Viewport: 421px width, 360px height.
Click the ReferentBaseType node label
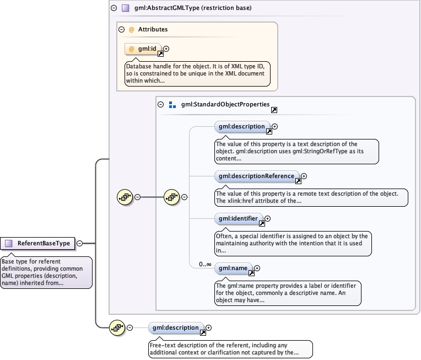click(x=44, y=243)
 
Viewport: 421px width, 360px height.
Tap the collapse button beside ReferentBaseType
click(x=80, y=243)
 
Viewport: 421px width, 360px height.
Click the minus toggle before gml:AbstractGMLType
click(x=114, y=8)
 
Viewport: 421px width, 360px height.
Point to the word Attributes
click(x=153, y=29)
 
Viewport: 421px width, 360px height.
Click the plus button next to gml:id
click(x=166, y=49)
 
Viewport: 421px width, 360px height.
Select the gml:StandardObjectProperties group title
click(x=225, y=104)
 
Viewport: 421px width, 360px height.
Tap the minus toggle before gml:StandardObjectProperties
click(x=160, y=104)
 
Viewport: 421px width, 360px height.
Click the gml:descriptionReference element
click(x=256, y=176)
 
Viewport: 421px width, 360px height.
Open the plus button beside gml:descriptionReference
click(x=304, y=176)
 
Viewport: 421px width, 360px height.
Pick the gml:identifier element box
click(x=238, y=219)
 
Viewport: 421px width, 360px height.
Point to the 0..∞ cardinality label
click(x=206, y=264)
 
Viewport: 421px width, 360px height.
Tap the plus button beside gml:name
click(x=257, y=268)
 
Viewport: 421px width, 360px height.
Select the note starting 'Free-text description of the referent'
click(x=230, y=348)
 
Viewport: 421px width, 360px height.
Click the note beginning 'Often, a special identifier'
click(x=292, y=243)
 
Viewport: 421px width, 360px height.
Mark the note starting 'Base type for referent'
click(x=46, y=272)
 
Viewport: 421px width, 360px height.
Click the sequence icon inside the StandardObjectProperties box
click(x=172, y=197)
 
